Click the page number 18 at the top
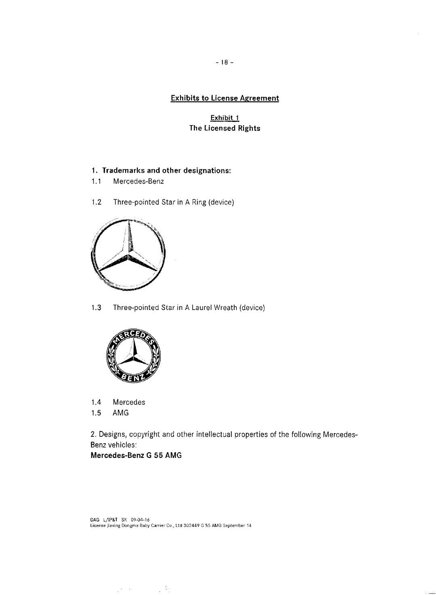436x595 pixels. pos(224,63)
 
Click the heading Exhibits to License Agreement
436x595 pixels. pos(224,98)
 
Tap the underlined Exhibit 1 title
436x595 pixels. pos(224,118)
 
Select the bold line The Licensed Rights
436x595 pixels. pos(224,128)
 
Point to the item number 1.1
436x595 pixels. pos(96,181)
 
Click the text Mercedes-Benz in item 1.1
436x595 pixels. pos(138,181)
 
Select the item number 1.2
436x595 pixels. pos(96,202)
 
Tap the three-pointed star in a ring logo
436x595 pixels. pos(129,255)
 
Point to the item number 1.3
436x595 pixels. pos(96,308)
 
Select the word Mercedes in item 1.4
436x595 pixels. pos(129,402)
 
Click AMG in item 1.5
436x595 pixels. pos(121,413)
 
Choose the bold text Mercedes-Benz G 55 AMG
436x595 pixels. pos(136,456)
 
